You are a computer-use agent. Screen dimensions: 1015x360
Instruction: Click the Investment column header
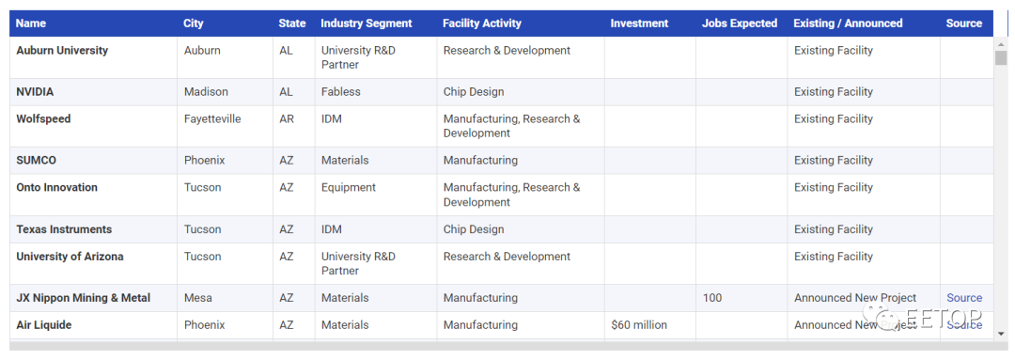coord(639,23)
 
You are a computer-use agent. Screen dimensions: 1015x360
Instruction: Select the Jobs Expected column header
coord(740,23)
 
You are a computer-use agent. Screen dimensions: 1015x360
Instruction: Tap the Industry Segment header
coord(367,23)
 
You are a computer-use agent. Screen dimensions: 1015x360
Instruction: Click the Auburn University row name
coord(62,51)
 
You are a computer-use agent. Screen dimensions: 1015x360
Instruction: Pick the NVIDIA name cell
coord(35,92)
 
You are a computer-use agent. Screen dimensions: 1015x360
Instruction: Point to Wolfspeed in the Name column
coord(43,119)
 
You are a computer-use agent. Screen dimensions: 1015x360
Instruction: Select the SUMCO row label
coord(37,161)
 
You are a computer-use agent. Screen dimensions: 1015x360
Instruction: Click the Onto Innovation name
coord(57,188)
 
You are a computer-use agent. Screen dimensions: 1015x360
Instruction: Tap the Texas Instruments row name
coord(64,230)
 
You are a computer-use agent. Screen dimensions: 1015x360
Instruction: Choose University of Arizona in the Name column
coord(70,257)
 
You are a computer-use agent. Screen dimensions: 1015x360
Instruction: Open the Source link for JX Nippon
coord(964,298)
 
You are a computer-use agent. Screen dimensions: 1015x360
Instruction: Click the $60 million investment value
coord(639,325)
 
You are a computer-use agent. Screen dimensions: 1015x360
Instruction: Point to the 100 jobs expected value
coord(712,298)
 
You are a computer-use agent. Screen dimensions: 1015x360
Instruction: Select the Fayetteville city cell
coord(212,119)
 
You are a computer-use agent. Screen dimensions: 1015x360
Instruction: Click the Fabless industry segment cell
coord(340,92)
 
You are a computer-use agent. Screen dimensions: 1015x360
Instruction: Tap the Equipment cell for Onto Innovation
coord(349,188)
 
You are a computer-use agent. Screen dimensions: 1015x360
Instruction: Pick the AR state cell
coord(287,119)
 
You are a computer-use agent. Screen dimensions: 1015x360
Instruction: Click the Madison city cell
coord(206,92)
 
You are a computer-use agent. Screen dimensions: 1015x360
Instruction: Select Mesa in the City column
coord(198,298)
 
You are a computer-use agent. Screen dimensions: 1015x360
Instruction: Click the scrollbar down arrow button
coord(1001,334)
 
